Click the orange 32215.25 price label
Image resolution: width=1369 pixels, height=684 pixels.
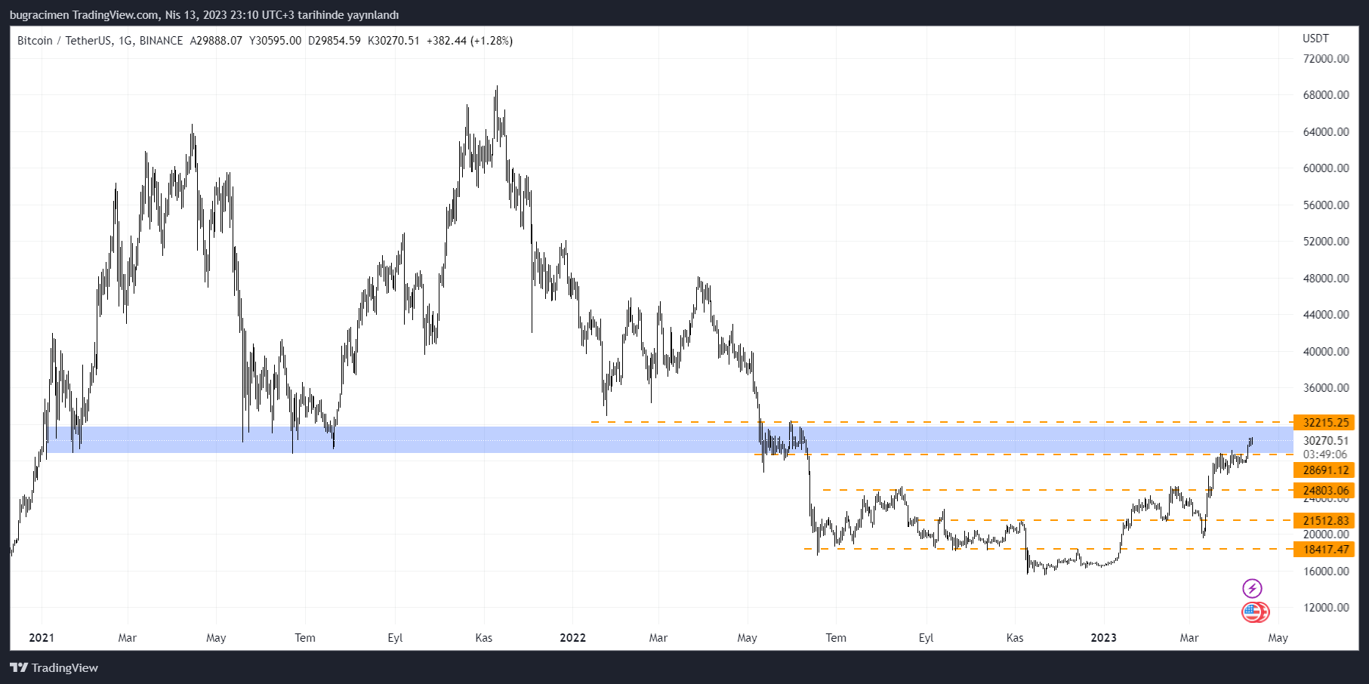point(1324,423)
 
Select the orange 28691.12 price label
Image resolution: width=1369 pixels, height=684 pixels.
point(1324,470)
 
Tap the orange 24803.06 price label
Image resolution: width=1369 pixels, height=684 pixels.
point(1324,491)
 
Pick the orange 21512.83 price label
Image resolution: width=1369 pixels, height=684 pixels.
point(1324,521)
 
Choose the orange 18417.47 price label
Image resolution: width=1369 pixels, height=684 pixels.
point(1324,550)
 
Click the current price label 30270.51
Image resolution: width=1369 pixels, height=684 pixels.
point(1325,441)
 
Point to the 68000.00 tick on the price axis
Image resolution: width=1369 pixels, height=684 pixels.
point(1325,95)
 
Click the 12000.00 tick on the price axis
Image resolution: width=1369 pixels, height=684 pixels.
point(1325,608)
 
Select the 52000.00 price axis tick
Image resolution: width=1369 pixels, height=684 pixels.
point(1325,242)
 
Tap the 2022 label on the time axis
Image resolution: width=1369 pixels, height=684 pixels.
point(572,638)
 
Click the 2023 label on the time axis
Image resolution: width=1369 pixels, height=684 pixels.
point(1103,638)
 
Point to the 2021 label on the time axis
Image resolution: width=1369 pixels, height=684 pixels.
point(42,638)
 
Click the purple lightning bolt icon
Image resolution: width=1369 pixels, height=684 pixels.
point(1252,588)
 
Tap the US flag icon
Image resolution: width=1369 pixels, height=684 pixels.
point(1253,612)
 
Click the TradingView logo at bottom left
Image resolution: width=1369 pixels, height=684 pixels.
point(54,668)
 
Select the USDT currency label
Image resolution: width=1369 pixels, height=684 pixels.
point(1315,39)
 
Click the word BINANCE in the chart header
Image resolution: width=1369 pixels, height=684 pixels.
point(161,41)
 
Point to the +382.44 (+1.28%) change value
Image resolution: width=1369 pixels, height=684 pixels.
point(470,41)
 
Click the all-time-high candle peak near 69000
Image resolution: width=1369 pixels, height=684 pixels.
point(497,88)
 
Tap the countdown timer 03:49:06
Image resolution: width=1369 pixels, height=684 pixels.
point(1325,454)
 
